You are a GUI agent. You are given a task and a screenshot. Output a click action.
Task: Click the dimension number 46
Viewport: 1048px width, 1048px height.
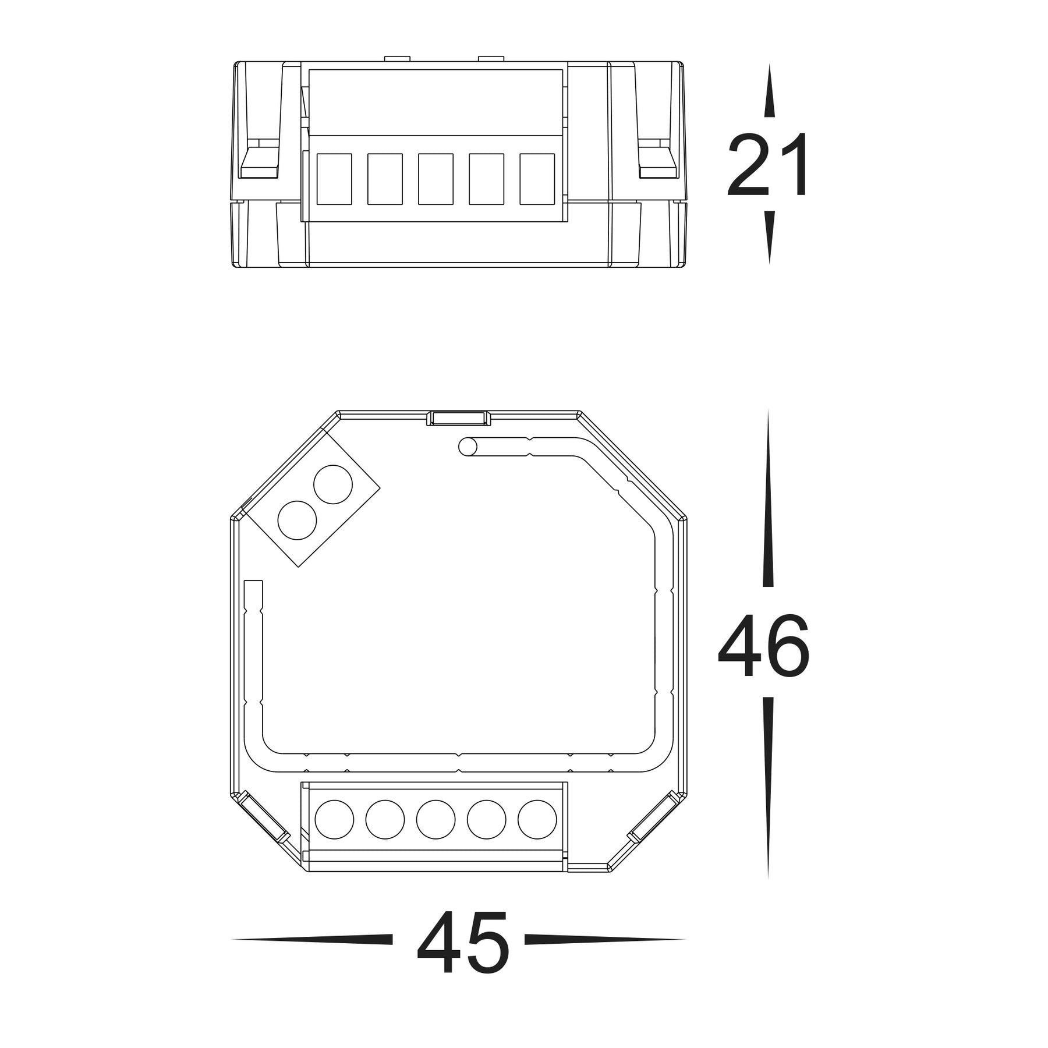[x=764, y=646]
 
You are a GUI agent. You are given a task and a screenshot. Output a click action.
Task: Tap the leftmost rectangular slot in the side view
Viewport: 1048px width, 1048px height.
[x=334, y=179]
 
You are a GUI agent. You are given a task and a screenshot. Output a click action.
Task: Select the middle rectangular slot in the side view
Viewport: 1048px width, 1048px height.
[x=436, y=179]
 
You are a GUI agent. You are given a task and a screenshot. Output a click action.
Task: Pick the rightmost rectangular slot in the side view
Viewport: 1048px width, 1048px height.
[x=537, y=179]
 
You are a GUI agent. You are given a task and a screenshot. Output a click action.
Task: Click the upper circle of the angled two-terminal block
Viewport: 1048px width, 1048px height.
[x=333, y=484]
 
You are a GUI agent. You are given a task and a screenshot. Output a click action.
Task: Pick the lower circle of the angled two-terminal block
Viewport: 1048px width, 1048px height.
[x=297, y=520]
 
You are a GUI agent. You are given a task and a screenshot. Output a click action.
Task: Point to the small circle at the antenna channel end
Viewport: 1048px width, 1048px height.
[x=468, y=447]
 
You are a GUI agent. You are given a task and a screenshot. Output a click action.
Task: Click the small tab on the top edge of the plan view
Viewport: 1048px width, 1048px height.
[x=459, y=418]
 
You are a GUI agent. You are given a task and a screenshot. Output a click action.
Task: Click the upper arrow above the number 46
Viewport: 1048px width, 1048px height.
[x=768, y=501]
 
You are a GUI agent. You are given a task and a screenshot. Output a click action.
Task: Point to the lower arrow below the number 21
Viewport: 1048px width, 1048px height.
[x=769, y=236]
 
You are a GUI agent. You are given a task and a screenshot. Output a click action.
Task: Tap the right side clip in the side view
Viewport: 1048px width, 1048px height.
[x=658, y=163]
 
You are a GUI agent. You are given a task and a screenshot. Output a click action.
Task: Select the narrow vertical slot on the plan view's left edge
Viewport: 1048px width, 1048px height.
[x=253, y=640]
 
